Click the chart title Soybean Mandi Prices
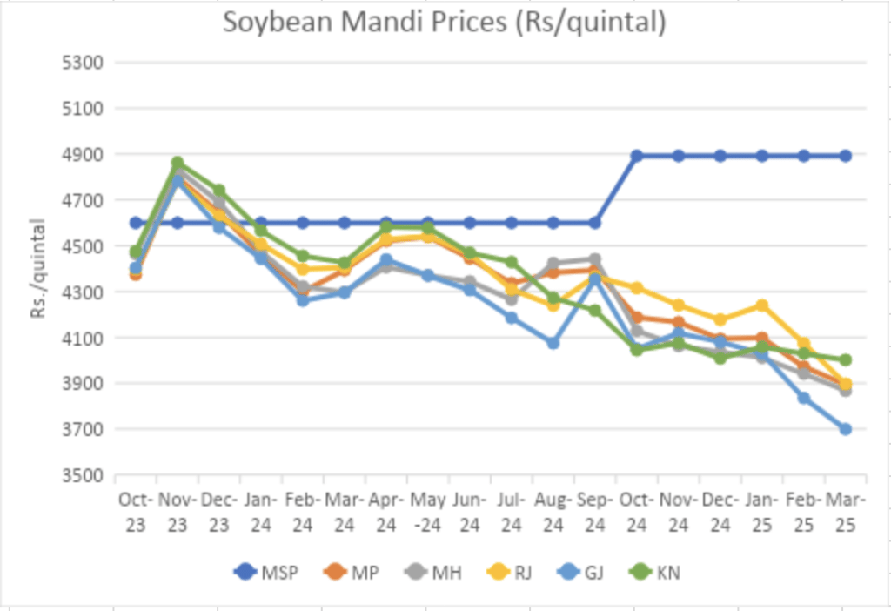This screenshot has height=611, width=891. (x=444, y=23)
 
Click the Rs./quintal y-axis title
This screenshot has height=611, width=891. (x=38, y=268)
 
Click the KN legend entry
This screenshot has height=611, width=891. (x=660, y=573)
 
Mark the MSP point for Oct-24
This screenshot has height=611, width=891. (x=637, y=156)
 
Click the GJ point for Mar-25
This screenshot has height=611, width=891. (x=845, y=429)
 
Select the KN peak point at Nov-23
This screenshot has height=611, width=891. (x=178, y=163)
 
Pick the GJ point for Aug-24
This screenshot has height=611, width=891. (x=553, y=343)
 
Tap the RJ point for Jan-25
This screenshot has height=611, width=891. (x=762, y=305)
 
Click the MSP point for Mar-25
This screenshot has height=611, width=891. (x=845, y=156)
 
